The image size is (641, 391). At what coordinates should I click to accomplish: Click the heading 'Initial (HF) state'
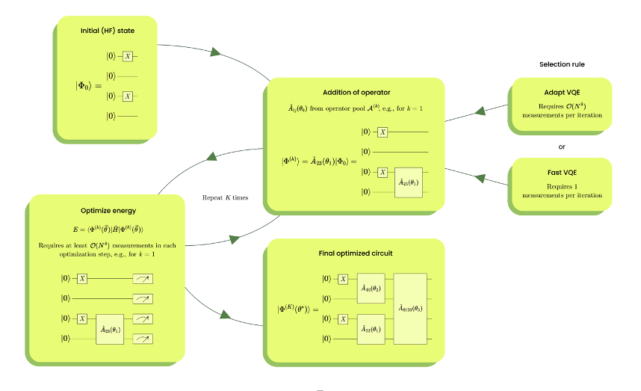click(x=108, y=31)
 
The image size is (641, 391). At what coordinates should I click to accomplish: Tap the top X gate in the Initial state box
click(x=128, y=56)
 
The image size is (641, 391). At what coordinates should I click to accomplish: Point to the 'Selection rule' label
click(x=562, y=64)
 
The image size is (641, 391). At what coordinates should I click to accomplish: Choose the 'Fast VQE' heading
click(x=561, y=173)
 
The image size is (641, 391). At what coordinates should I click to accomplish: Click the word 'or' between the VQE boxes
click(x=562, y=147)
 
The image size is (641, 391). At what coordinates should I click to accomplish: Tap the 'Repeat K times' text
click(x=225, y=198)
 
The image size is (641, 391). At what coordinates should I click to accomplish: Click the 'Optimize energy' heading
click(x=108, y=211)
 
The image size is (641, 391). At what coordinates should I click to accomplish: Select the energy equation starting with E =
click(x=108, y=229)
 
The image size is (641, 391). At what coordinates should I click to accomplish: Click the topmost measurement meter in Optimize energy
click(x=142, y=278)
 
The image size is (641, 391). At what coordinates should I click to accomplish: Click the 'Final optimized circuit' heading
click(x=355, y=253)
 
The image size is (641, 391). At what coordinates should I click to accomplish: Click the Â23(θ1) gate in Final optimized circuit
click(x=371, y=329)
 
